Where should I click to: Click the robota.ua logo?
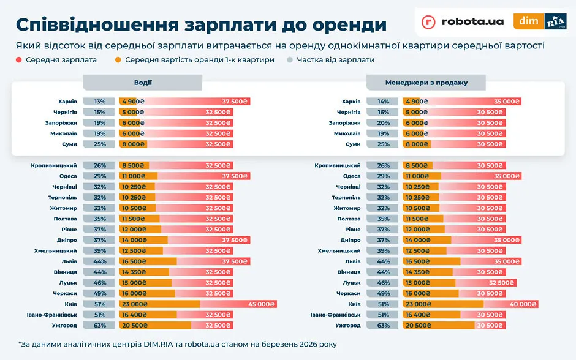tap(463, 21)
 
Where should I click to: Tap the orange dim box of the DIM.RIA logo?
tap(528, 21)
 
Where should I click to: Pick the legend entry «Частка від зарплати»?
tap(335, 60)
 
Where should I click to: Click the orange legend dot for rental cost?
tap(118, 60)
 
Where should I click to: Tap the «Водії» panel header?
tap(143, 83)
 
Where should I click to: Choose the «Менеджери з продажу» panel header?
tap(426, 83)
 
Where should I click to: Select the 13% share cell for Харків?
tap(100, 102)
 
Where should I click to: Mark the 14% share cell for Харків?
tap(384, 102)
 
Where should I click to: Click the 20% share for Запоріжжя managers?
tap(384, 123)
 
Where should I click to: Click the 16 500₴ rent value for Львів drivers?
tap(134, 261)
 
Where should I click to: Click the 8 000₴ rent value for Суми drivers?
tap(132, 144)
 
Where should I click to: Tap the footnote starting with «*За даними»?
tap(177, 345)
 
